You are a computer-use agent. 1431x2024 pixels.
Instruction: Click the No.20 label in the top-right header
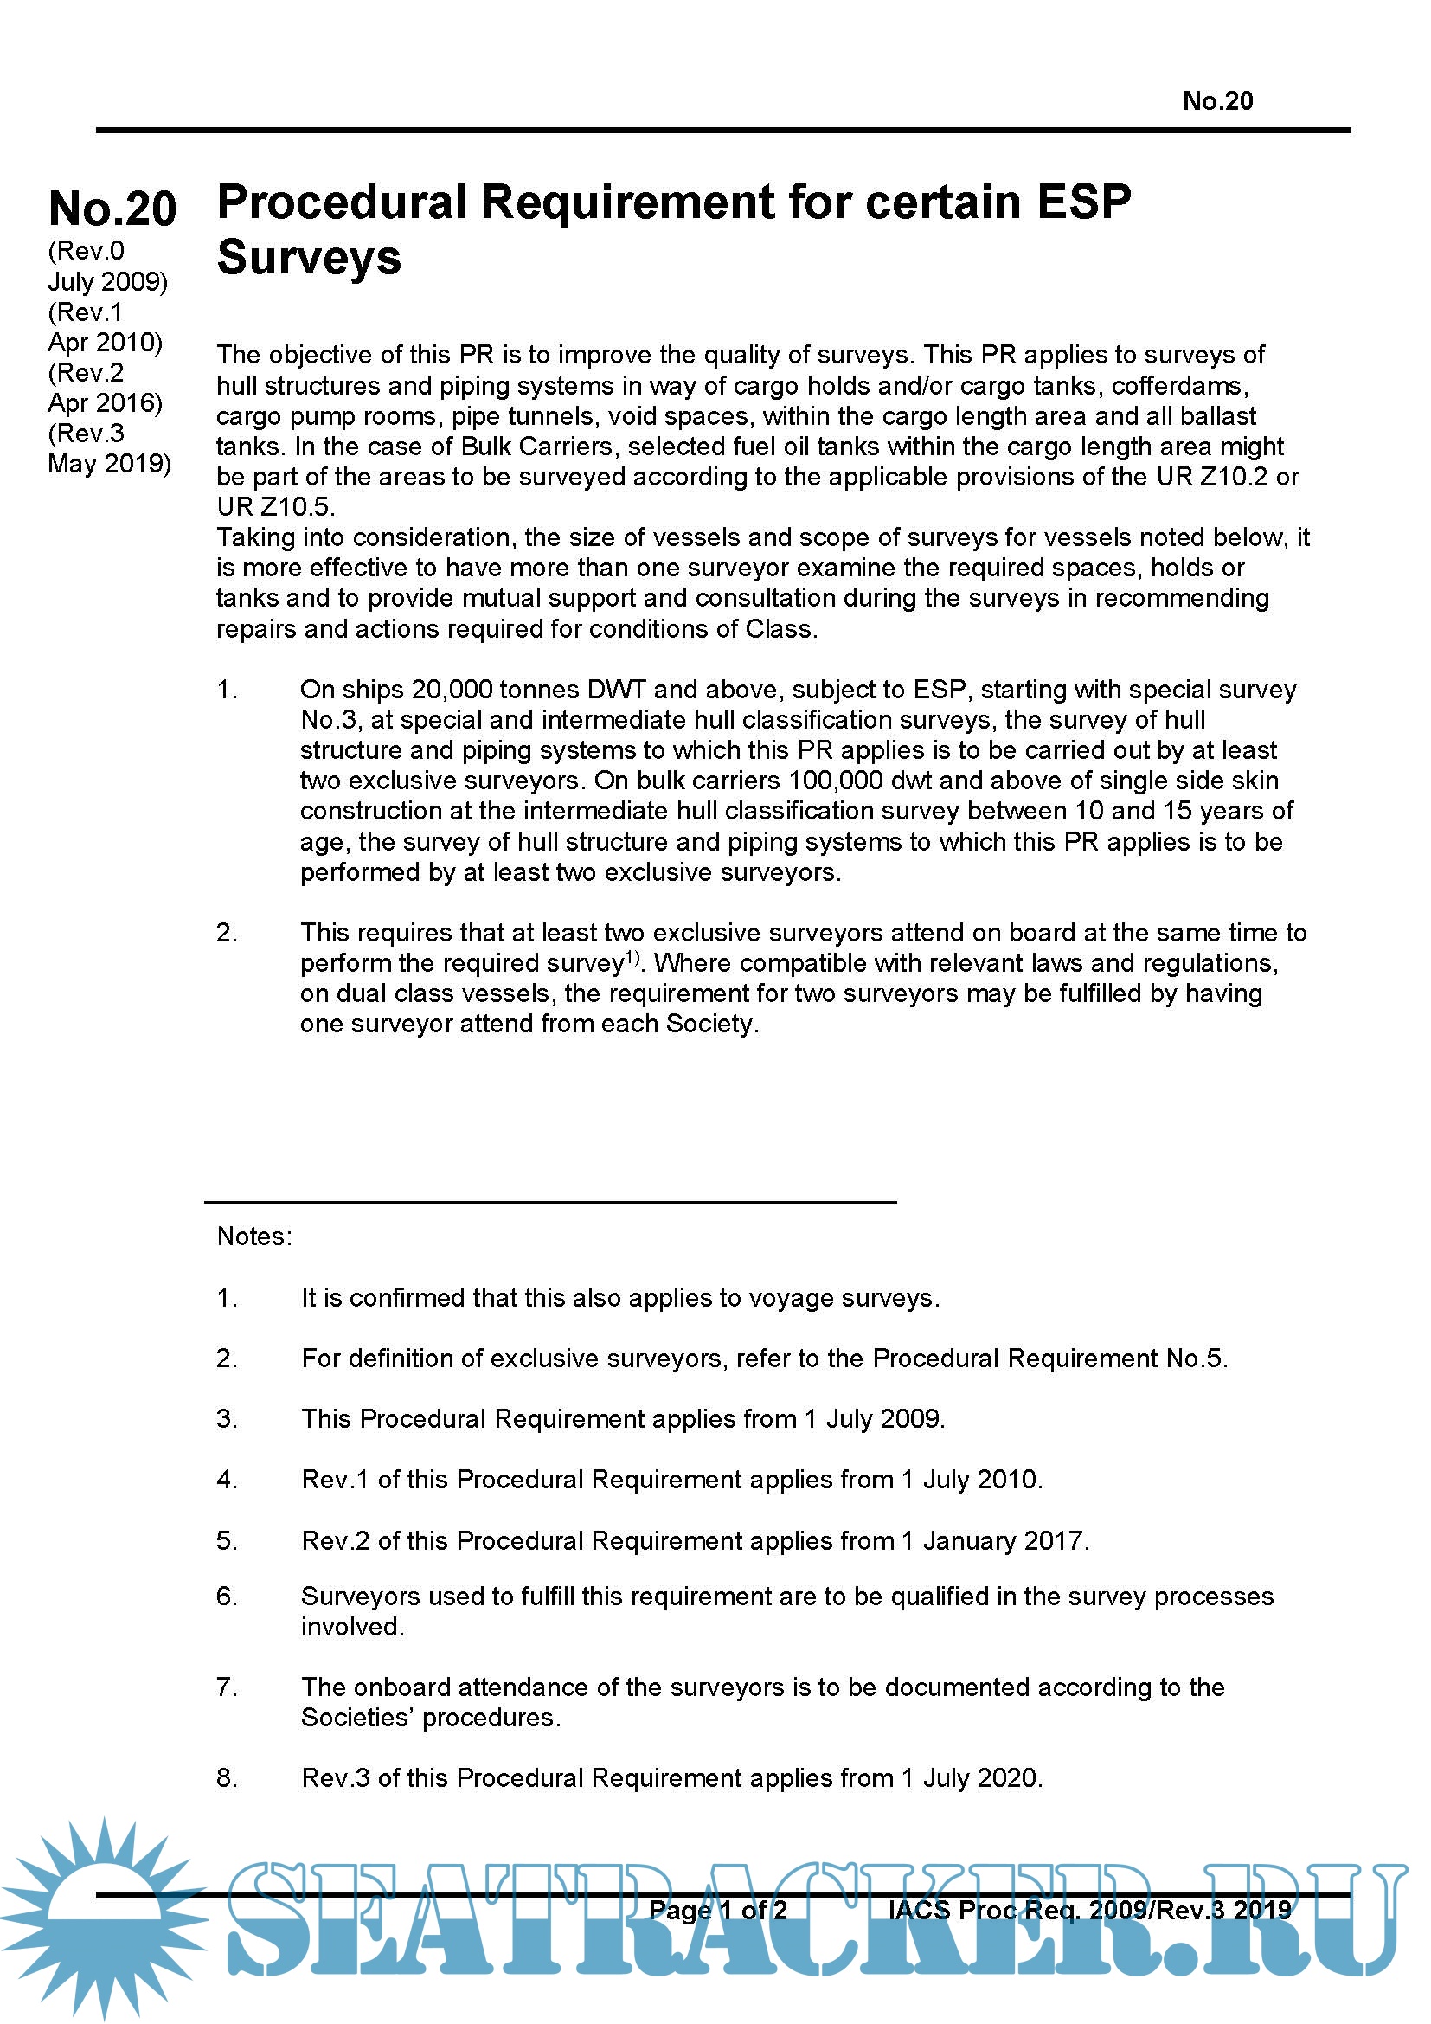[1217, 101]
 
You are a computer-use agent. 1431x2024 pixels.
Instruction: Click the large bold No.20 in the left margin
[112, 209]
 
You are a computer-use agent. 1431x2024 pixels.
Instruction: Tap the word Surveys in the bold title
[308, 257]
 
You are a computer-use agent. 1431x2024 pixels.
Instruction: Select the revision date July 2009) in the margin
[107, 282]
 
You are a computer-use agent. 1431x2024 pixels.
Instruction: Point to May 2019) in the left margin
[109, 464]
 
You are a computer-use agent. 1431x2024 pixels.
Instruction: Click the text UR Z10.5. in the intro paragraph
[276, 507]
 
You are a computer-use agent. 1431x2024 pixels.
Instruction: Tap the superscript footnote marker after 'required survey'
[632, 957]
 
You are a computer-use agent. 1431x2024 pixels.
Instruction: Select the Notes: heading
[253, 1237]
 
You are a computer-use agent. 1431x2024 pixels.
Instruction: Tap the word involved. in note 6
[352, 1628]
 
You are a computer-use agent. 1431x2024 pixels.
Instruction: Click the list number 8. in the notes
[227, 1779]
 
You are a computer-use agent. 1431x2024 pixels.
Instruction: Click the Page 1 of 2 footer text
[717, 1911]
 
